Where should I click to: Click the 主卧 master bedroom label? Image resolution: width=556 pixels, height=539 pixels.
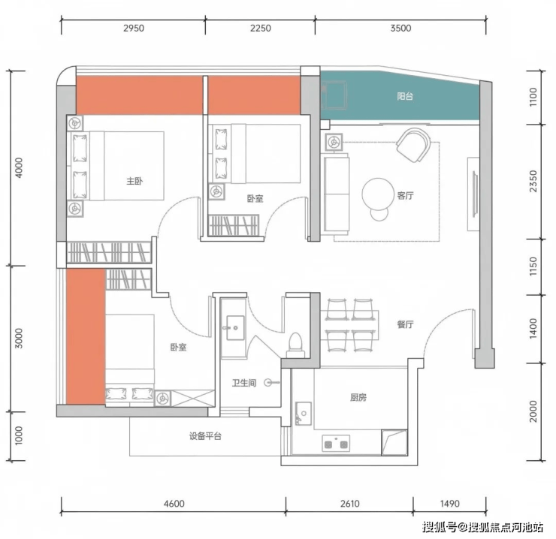tap(134, 181)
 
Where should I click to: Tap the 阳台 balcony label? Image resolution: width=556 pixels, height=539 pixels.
tap(405, 96)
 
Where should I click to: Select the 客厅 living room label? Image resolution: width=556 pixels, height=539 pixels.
tap(405, 196)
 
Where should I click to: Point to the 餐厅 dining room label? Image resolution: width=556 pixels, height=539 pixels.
tap(405, 324)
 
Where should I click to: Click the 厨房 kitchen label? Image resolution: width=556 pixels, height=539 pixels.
tap(358, 398)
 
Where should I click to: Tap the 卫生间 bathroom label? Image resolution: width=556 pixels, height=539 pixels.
tap(244, 383)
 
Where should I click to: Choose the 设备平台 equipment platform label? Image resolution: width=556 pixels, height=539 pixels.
tap(205, 436)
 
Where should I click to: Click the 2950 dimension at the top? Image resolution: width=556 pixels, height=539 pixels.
tap(134, 29)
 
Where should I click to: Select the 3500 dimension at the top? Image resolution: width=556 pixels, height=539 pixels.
tap(400, 29)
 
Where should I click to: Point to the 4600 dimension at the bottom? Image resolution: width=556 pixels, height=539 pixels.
tap(174, 504)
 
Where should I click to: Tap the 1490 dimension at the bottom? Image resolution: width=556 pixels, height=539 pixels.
tap(449, 504)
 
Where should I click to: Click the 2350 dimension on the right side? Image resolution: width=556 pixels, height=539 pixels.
tap(533, 181)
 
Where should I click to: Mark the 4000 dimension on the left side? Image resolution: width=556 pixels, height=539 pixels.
tap(19, 167)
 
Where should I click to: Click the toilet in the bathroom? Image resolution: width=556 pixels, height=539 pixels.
tap(295, 345)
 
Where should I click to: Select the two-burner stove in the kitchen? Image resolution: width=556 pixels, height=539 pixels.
tap(336, 444)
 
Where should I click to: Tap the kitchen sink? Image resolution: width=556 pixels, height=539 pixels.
tap(304, 414)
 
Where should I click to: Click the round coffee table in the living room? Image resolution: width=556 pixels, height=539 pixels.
tap(378, 194)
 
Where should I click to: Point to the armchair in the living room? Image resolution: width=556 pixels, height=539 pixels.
tap(413, 145)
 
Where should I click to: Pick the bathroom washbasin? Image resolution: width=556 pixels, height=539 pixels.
tap(235, 328)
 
